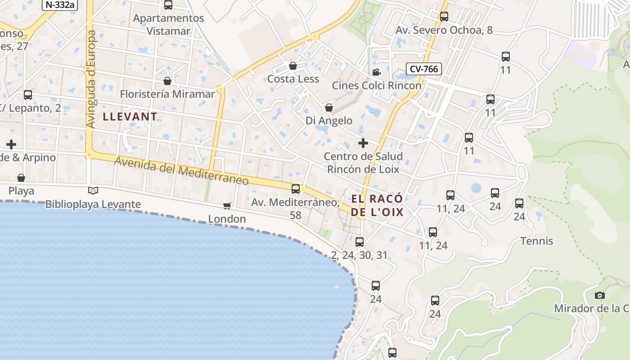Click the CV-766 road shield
pos(423,69)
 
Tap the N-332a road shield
pos(59,4)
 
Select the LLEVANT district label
pos(130,117)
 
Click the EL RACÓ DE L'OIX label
pos(377,206)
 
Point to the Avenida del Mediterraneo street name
pos(181,171)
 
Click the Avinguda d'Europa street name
pos(91,79)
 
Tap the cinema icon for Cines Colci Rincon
pos(376,72)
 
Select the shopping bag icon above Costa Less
pos(293,66)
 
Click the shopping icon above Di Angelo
pos(329,108)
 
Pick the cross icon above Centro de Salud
pos(363,143)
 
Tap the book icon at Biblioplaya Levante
pos(93,191)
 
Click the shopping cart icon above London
pos(227,206)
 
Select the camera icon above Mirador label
pos(599,295)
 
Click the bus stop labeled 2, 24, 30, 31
pos(359,242)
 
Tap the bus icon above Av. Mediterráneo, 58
pos(296,189)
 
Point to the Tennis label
pos(537,241)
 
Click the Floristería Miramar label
pos(167,94)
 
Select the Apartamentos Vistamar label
pos(169,25)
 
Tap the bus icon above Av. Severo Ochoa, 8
pos(444,17)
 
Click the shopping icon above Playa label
pos(21,178)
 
